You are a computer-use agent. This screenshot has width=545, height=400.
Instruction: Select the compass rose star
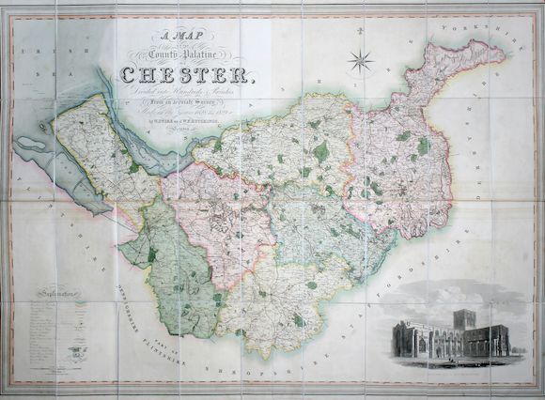[360, 63]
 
